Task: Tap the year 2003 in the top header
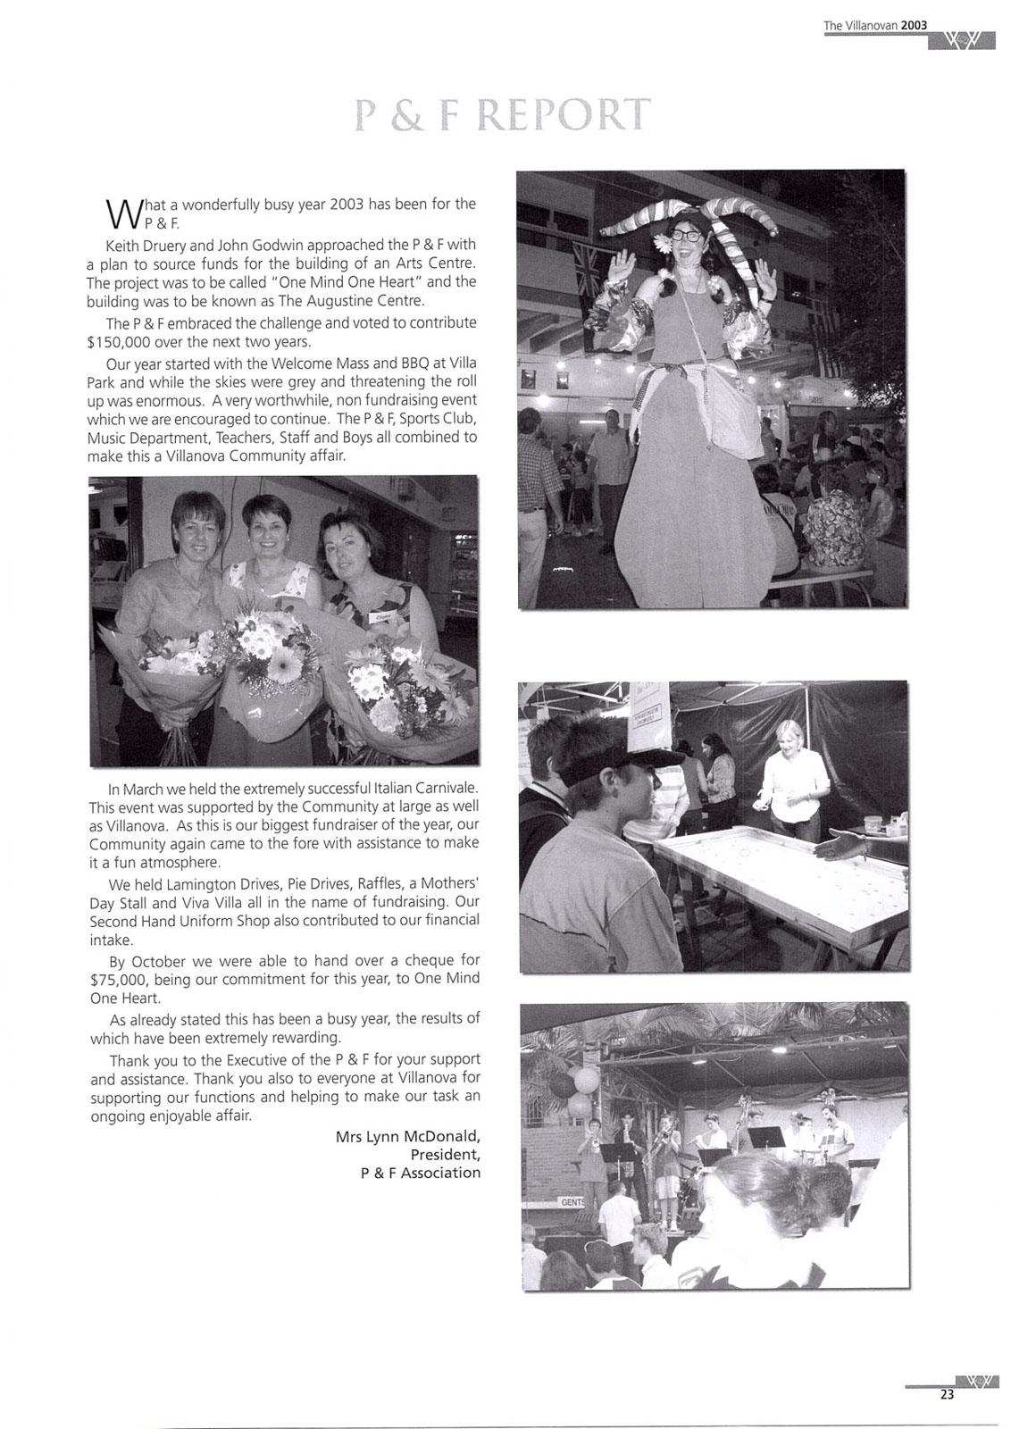[915, 26]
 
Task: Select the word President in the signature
[445, 1155]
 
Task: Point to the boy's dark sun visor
[621, 759]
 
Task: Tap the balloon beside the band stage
[585, 1081]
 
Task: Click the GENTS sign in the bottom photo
[571, 1201]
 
